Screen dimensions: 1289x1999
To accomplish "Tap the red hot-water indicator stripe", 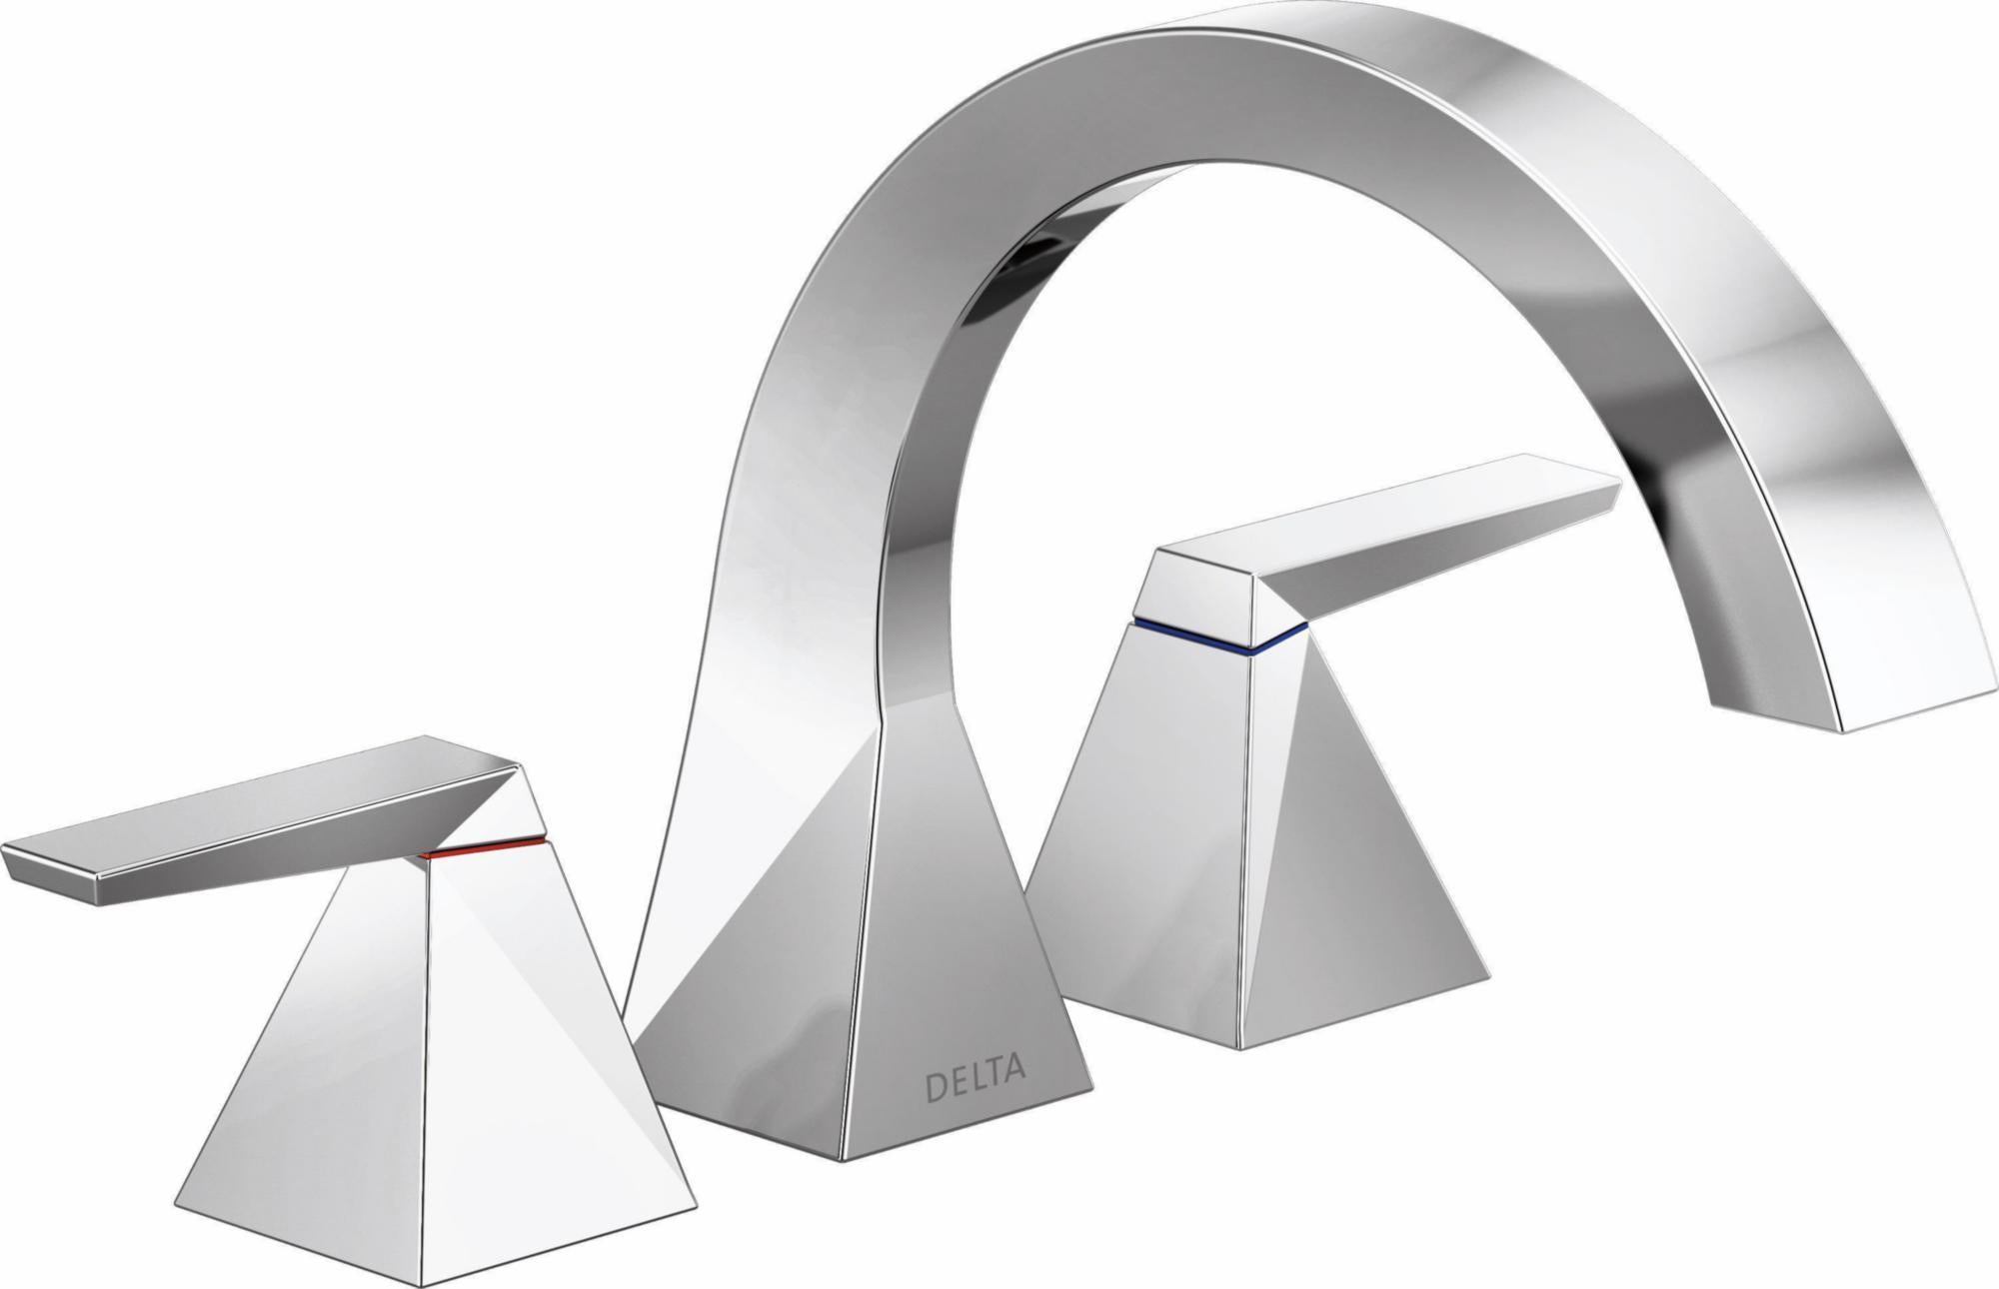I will [x=484, y=848].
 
